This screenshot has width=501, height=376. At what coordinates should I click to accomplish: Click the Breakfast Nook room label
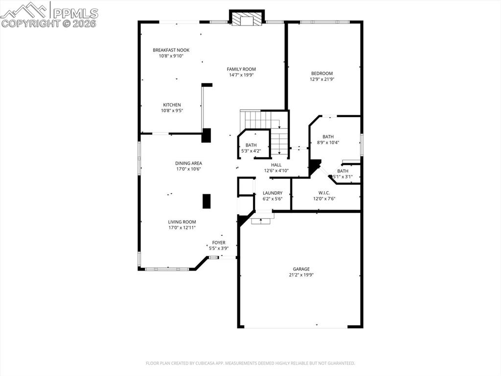point(171,50)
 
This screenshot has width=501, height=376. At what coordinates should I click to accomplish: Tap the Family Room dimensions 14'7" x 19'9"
point(242,75)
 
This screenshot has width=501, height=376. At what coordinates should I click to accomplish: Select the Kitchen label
point(172,105)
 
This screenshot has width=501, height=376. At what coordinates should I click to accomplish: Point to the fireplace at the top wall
point(247,19)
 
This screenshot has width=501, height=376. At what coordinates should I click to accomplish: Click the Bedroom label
point(321,74)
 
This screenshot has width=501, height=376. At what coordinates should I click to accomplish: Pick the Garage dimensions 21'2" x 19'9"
point(301,275)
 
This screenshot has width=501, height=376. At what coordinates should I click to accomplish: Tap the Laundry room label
point(272,193)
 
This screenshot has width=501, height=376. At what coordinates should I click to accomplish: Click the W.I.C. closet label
point(324,193)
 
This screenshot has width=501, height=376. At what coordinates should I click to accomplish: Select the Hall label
point(276,165)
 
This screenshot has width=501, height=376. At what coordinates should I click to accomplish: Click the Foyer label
point(219,243)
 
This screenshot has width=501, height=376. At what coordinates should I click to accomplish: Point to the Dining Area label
point(189,163)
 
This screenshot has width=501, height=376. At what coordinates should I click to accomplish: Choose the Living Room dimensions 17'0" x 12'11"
point(182,227)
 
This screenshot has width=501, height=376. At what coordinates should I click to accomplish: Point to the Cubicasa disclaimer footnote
point(250,363)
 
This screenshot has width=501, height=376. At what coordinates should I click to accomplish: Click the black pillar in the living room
point(206,201)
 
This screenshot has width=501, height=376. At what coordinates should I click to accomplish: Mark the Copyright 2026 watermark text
point(49,23)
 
